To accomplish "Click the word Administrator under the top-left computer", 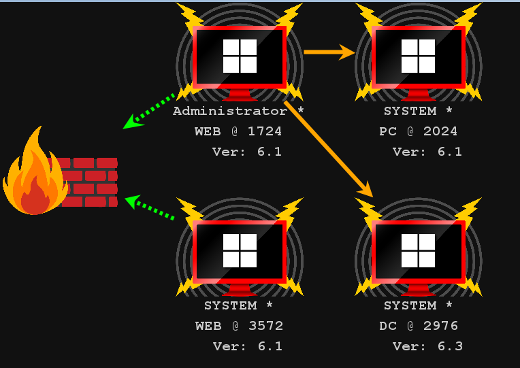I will tap(229, 111).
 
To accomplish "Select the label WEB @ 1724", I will tap(238, 131).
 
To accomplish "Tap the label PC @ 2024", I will tap(418, 131).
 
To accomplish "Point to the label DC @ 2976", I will tap(418, 326).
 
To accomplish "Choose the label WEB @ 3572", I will tap(239, 326).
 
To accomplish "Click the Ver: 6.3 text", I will tap(427, 346).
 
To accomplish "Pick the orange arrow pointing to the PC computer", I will tap(329, 52).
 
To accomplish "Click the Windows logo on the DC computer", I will tap(418, 250).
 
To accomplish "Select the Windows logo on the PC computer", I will tap(418, 56).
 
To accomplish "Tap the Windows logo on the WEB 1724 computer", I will tap(240, 56).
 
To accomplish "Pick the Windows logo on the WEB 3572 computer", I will tap(240, 250).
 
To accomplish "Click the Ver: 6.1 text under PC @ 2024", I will tap(427, 152).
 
